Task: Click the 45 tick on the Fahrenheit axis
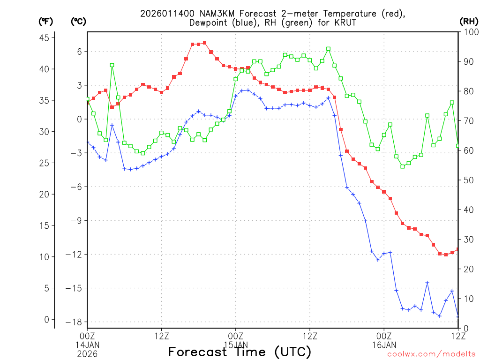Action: (46, 38)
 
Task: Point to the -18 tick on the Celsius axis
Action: (75, 322)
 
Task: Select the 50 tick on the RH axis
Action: (466, 180)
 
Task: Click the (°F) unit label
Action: (45, 21)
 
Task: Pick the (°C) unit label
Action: (78, 21)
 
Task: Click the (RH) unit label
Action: (468, 21)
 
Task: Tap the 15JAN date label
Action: (236, 345)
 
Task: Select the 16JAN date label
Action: (384, 345)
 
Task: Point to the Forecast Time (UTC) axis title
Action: (240, 352)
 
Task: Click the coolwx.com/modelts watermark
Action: (431, 354)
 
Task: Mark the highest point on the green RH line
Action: (328, 49)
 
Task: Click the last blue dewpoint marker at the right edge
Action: (458, 317)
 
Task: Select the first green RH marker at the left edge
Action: (87, 99)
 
